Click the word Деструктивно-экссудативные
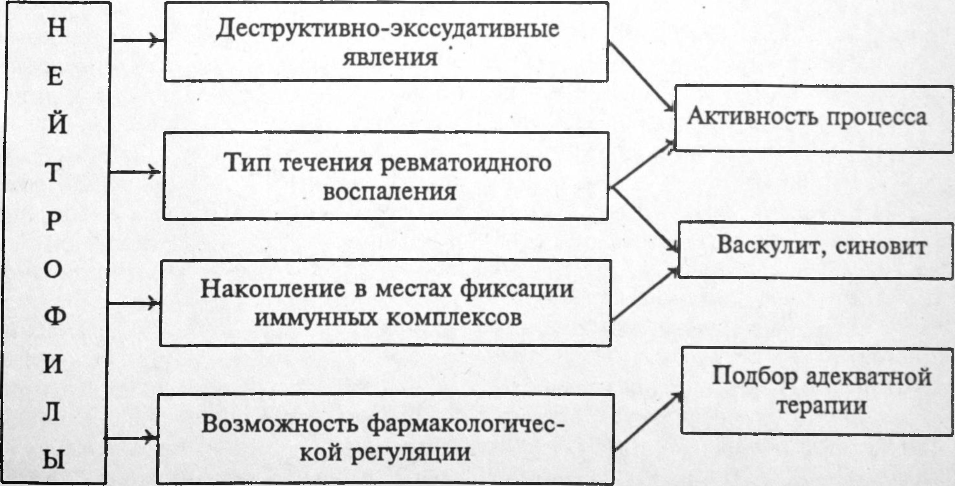[x=387, y=29]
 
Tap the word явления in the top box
[x=390, y=58]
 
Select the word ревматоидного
[x=466, y=163]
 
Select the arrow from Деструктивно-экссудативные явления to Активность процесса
[x=641, y=76]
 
